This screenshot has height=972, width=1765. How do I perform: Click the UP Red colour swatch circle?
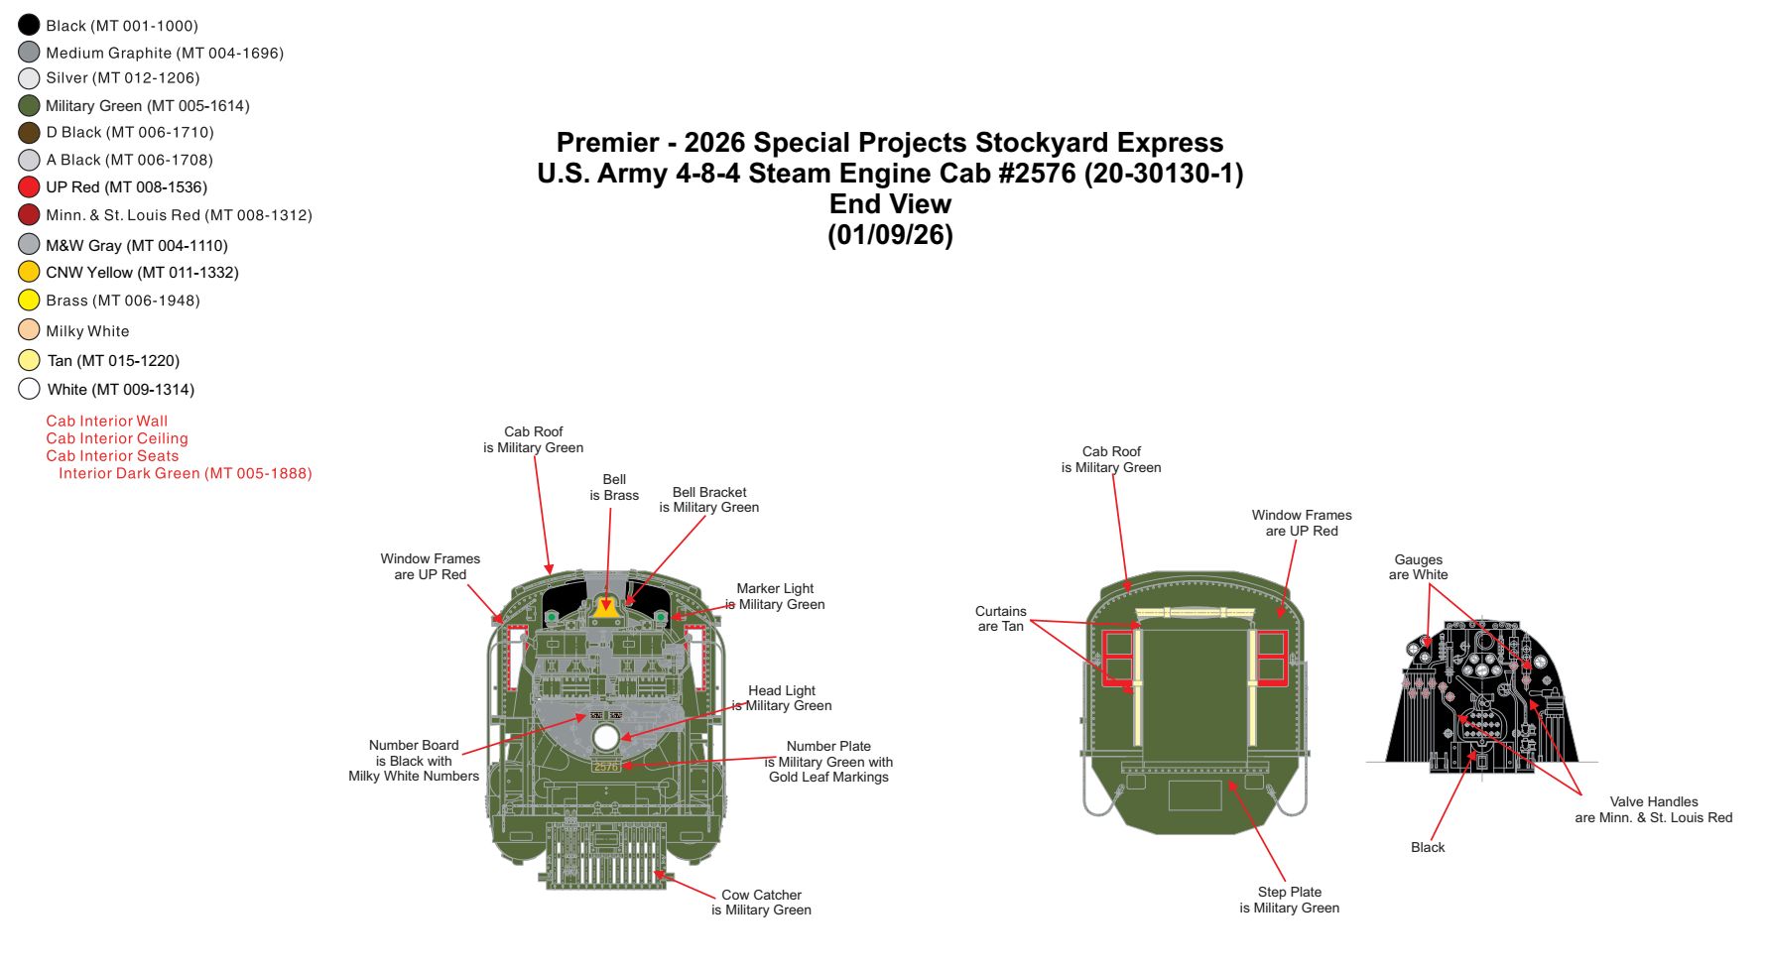(x=29, y=186)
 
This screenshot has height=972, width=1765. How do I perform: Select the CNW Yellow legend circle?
(x=29, y=272)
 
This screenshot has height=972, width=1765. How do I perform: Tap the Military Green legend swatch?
(x=29, y=105)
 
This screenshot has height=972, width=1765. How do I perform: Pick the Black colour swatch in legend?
(x=29, y=25)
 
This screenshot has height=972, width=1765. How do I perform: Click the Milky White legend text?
(x=87, y=331)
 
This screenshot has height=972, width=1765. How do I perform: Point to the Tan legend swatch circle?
(x=29, y=360)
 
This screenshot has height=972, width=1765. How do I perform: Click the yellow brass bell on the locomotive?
(x=605, y=606)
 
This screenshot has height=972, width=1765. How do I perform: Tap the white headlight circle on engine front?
(x=606, y=737)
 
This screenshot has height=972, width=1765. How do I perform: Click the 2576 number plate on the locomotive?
(x=606, y=766)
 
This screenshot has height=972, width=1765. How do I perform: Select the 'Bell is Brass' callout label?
(x=614, y=487)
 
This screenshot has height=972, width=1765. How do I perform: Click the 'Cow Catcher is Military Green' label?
(x=761, y=903)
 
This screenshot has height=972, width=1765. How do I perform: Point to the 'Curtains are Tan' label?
(x=1000, y=619)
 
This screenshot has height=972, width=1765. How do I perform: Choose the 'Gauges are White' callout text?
(x=1418, y=567)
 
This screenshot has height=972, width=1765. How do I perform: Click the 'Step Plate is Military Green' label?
(x=1289, y=900)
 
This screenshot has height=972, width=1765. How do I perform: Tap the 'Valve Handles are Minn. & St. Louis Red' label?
(x=1653, y=809)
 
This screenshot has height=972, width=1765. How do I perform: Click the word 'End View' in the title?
(x=890, y=204)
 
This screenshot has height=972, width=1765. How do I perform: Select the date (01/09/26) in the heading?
(x=890, y=235)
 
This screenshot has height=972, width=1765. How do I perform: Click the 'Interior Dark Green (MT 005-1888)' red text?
(x=186, y=473)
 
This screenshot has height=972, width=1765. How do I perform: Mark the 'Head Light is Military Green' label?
(x=782, y=698)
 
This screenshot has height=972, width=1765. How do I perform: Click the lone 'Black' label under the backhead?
(x=1428, y=847)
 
